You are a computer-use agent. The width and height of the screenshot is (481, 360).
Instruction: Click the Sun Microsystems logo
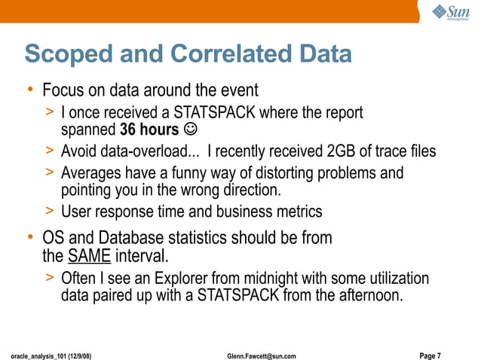point(452,13)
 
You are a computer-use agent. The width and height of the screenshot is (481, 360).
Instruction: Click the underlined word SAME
point(89,256)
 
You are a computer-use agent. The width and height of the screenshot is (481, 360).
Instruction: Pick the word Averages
point(92,173)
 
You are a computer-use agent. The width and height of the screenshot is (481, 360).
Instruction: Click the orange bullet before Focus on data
point(30,90)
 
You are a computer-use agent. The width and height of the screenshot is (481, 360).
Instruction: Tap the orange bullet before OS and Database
point(30,238)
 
